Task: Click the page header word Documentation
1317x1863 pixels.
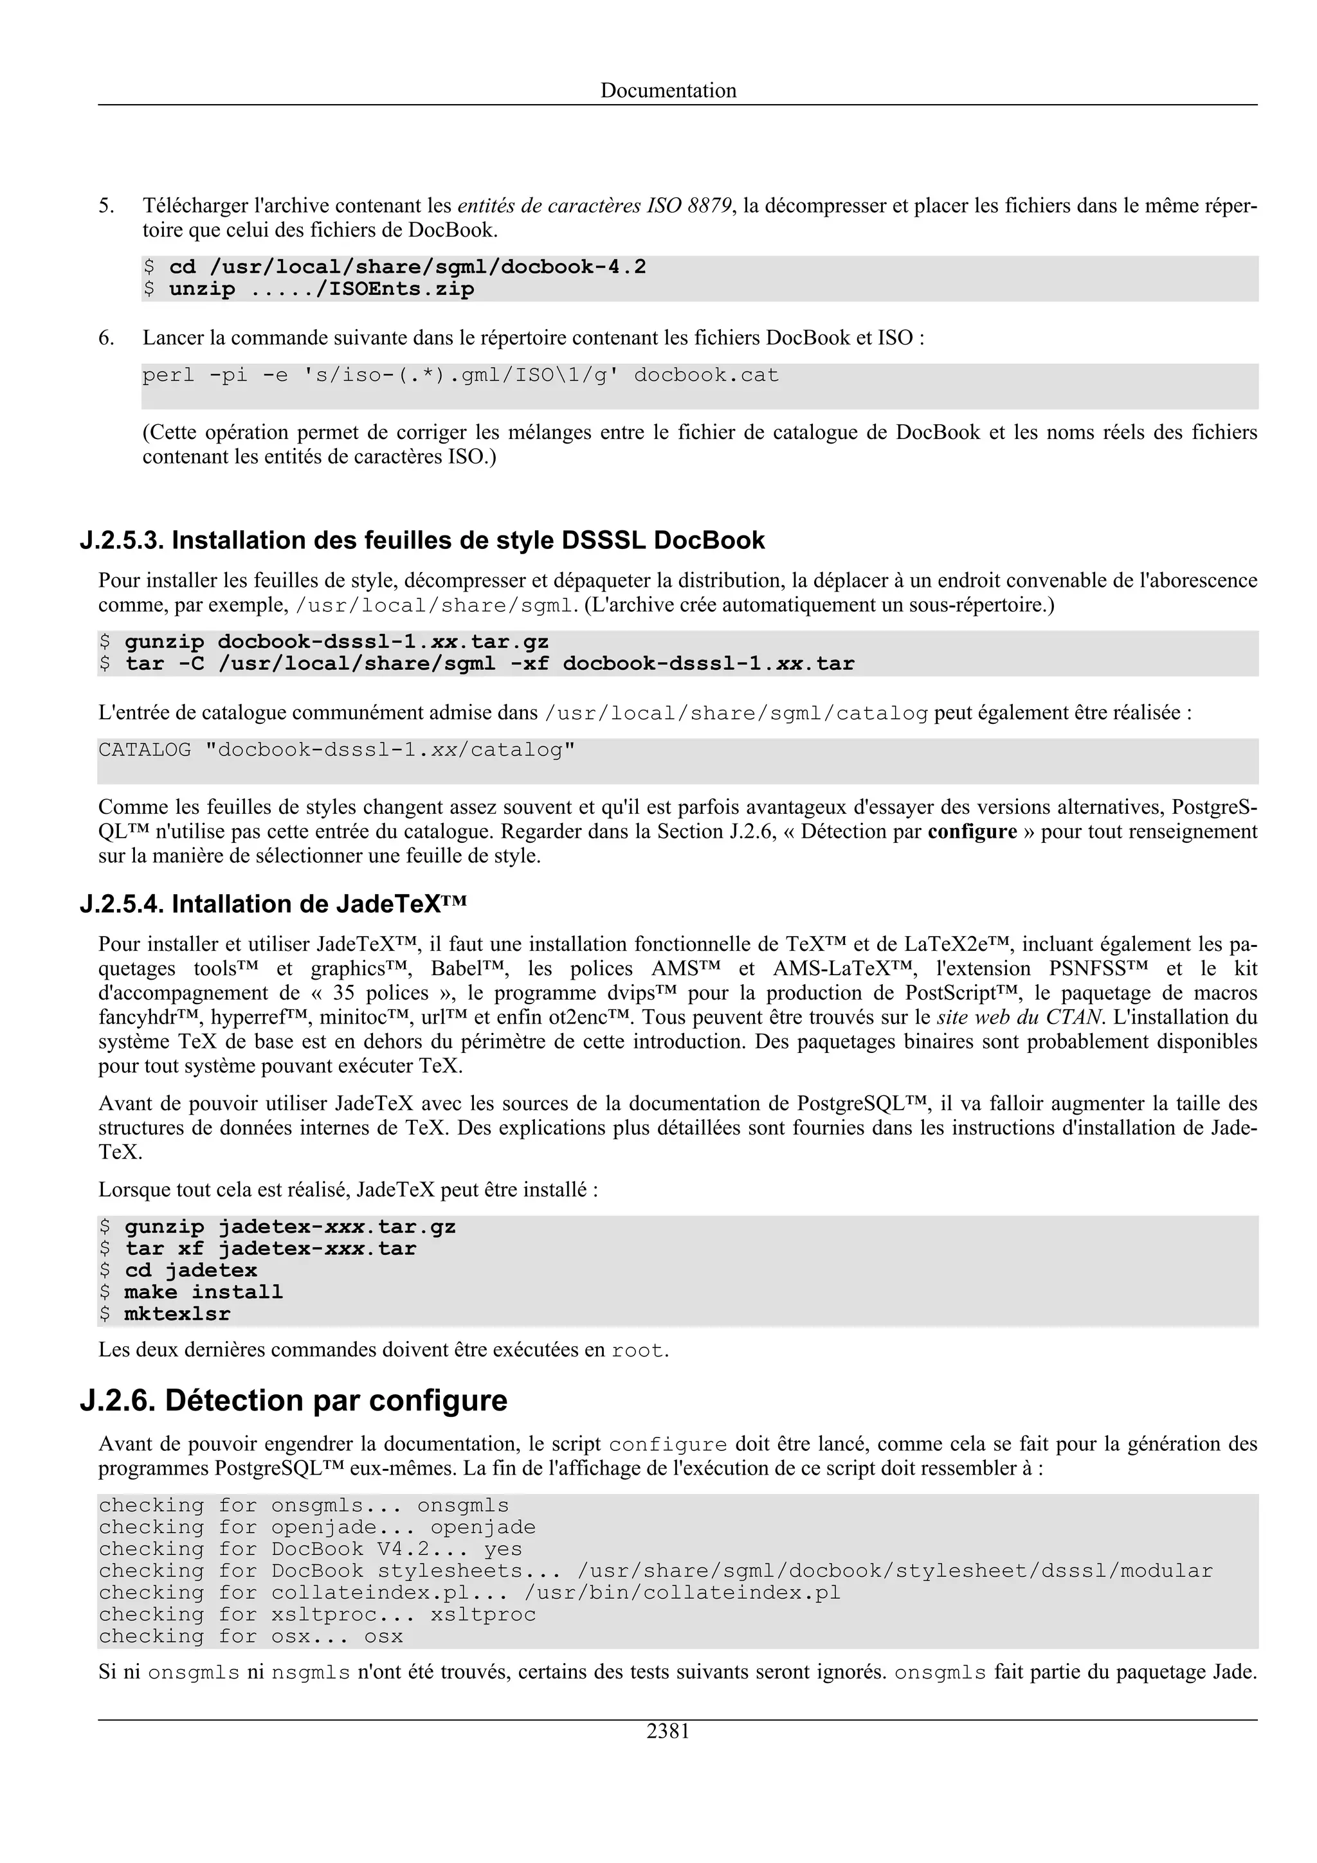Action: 668,90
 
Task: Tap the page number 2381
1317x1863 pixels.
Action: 668,1731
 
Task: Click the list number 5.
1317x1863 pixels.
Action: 106,206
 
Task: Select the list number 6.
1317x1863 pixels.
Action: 106,337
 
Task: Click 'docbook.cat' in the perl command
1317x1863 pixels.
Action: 706,375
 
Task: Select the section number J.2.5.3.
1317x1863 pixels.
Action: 122,541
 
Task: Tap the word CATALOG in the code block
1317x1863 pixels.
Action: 145,750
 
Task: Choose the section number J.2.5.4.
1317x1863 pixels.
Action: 122,904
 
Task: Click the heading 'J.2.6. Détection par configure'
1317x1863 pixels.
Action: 294,1401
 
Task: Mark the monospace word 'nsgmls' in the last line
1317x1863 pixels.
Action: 311,1674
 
